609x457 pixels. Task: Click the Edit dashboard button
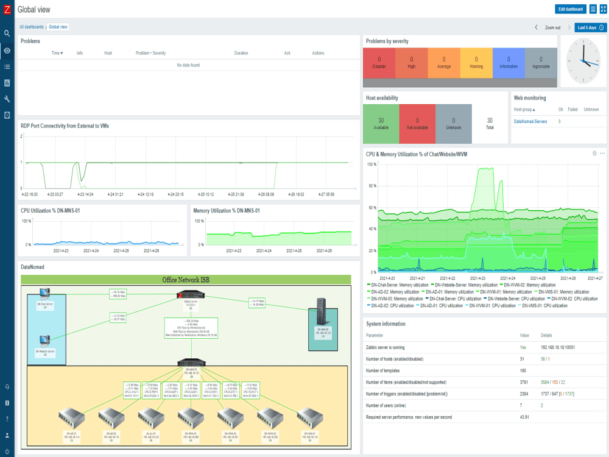coord(571,9)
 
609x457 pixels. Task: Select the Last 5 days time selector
coord(591,27)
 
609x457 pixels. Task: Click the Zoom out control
coord(552,27)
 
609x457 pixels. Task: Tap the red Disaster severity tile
coord(379,63)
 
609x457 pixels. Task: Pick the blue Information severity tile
coord(509,63)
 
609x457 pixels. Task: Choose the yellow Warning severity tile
coord(476,63)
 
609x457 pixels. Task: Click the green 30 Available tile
coord(381,124)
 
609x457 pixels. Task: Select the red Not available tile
coord(417,124)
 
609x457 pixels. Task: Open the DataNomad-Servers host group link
coord(530,121)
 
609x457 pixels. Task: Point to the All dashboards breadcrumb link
coord(31,27)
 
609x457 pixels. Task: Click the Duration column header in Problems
coord(241,53)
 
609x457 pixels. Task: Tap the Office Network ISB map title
coord(186,280)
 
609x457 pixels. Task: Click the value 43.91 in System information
coord(524,417)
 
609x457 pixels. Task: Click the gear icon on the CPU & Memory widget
coord(594,153)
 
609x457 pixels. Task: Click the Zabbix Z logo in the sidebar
coord(7,9)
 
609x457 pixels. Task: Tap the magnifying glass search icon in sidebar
coord(7,34)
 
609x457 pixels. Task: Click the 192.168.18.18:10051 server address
coord(558,347)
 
